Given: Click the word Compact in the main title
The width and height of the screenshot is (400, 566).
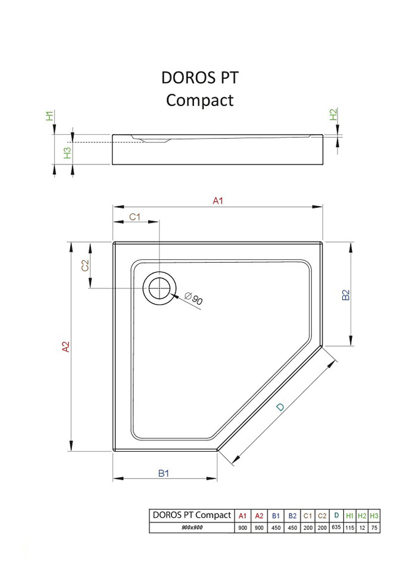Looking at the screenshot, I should click(200, 99).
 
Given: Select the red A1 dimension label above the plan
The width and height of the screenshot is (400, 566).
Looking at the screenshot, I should click(218, 201).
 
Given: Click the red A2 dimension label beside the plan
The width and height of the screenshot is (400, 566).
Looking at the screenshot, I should click(66, 347).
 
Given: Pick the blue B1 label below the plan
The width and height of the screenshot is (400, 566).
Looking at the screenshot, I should click(164, 473).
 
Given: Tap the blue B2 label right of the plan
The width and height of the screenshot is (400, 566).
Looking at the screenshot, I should click(346, 295).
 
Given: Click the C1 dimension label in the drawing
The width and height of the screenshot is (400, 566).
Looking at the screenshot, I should click(135, 216).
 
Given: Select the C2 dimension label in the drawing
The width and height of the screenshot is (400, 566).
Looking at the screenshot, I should click(85, 266).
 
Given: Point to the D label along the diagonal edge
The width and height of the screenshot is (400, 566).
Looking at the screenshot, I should click(281, 408).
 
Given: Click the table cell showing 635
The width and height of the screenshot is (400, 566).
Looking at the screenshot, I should click(336, 528).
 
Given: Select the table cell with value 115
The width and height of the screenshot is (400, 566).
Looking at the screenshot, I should click(350, 528).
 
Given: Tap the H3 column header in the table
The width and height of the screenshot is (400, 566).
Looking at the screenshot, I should click(374, 516).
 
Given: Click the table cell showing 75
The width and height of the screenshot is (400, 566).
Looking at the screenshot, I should click(374, 528).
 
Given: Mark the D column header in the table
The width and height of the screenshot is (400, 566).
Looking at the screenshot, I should click(336, 516).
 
